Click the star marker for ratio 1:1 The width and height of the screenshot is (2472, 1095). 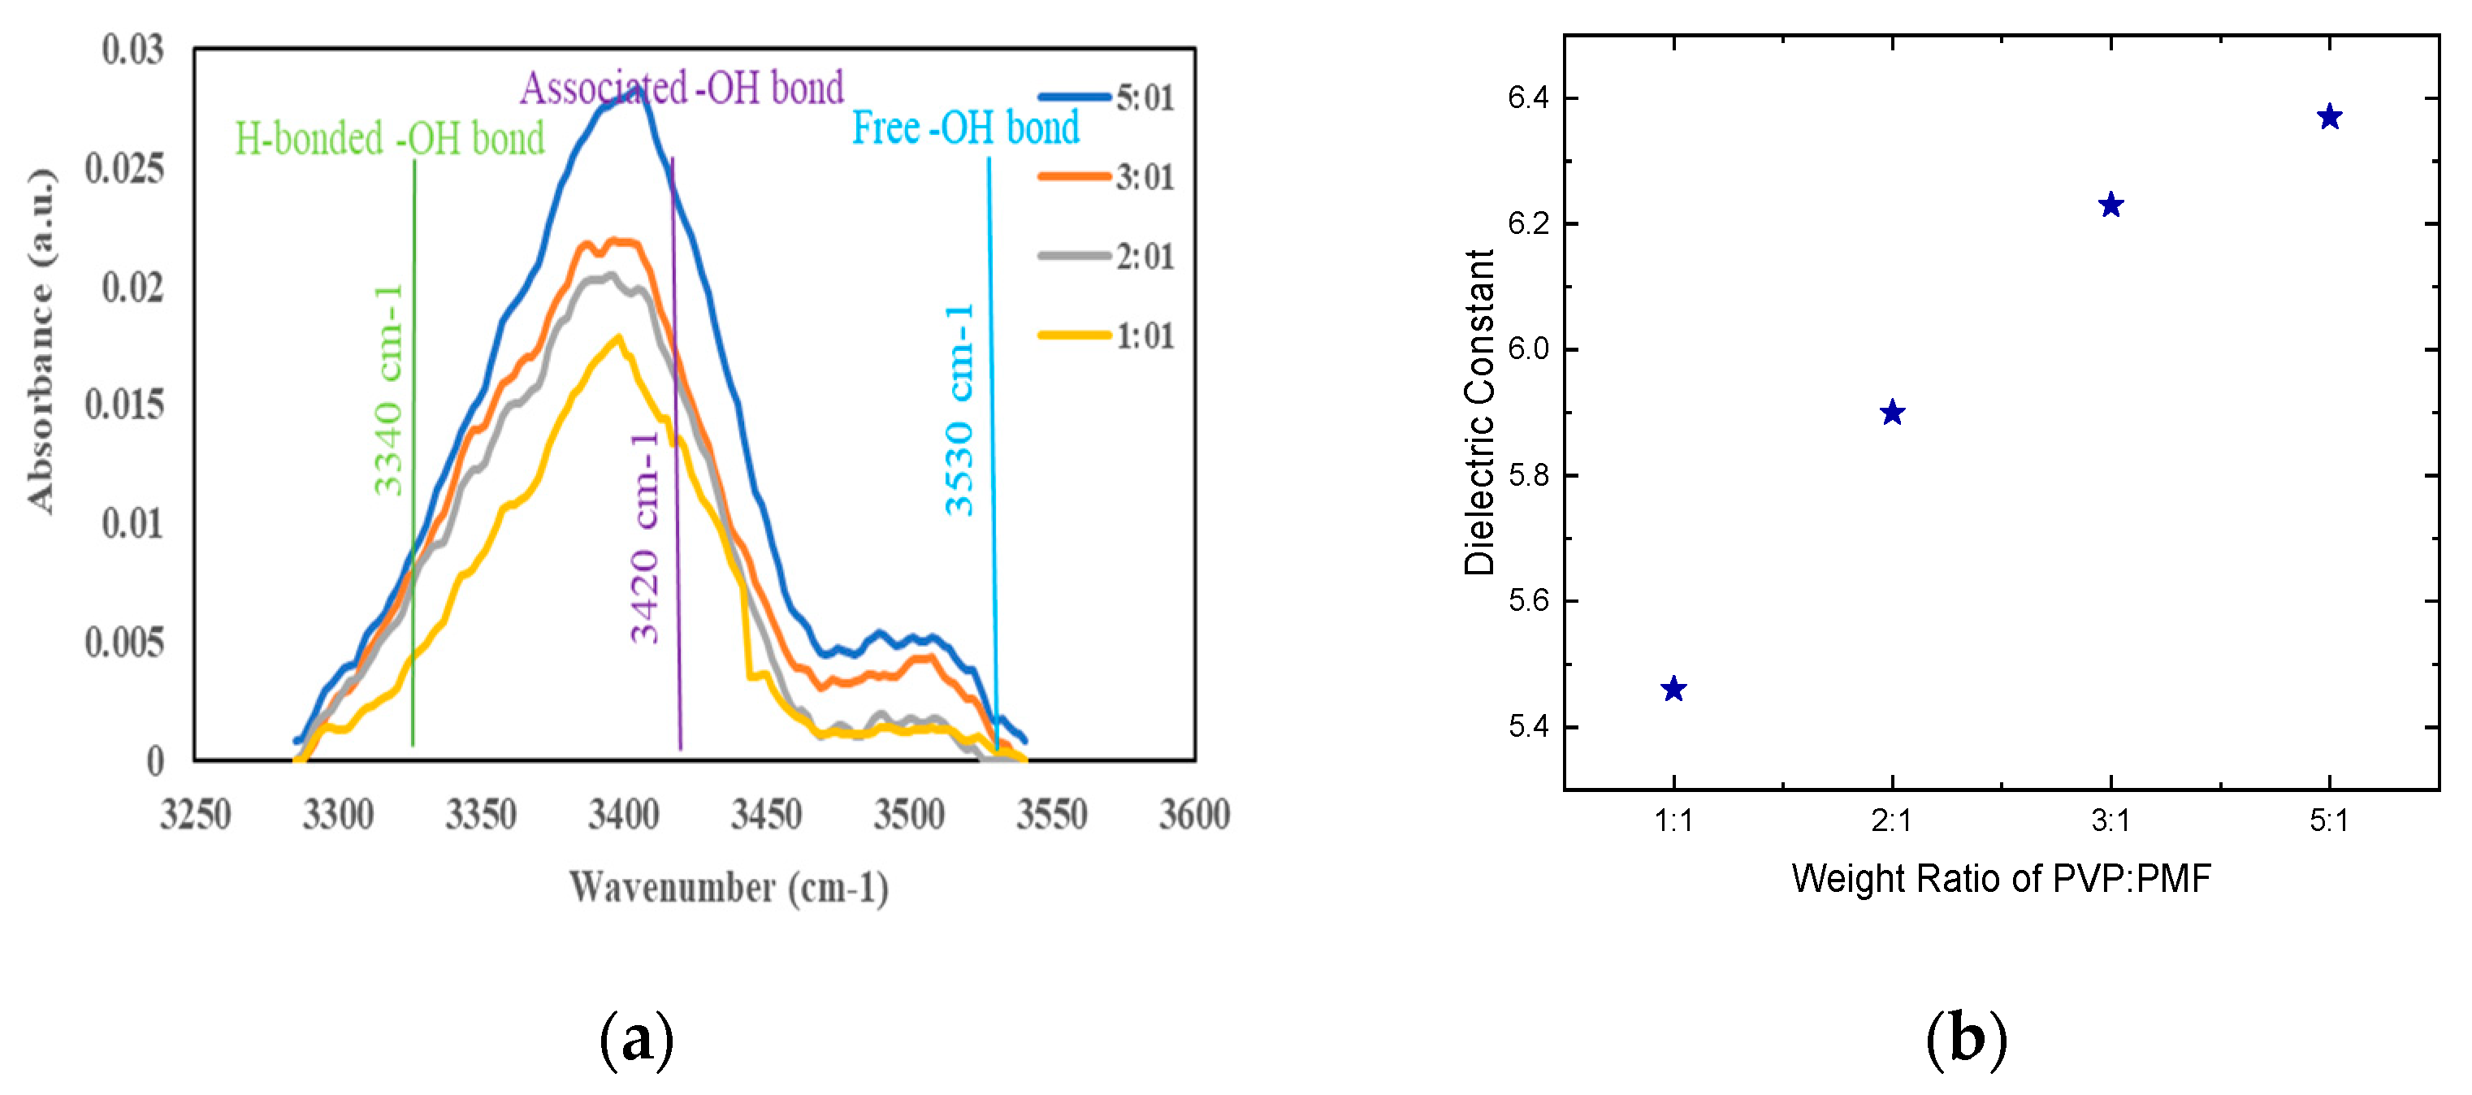[1673, 689]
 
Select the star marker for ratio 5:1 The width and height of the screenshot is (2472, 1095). [2329, 117]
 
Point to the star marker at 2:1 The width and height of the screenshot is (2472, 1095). [1891, 413]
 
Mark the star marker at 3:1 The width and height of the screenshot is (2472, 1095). [2111, 205]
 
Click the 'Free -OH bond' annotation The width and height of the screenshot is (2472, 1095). [964, 128]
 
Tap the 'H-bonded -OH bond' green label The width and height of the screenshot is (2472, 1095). [390, 138]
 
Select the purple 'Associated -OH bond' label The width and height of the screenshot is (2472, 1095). [682, 88]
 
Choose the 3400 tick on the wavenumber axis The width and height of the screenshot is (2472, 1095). [624, 815]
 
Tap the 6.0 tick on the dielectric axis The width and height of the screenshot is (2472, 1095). [1528, 349]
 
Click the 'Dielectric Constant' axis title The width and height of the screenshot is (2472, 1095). [1478, 413]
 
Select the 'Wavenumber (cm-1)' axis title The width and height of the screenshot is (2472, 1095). [729, 887]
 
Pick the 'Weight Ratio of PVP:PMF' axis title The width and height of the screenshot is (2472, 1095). [2001, 878]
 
